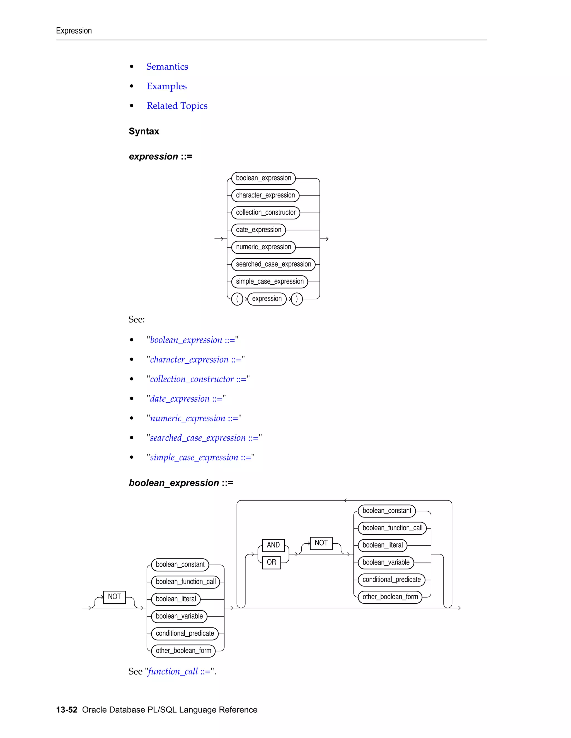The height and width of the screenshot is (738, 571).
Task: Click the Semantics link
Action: click(167, 67)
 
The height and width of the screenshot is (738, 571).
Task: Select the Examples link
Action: click(166, 86)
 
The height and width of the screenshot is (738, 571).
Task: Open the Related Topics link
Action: click(177, 106)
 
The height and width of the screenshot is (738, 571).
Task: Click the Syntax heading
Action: click(144, 131)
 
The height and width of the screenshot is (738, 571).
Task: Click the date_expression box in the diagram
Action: click(258, 230)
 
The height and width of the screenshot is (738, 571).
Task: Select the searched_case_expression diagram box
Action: click(273, 264)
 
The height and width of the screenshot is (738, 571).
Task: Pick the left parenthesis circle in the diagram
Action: click(237, 299)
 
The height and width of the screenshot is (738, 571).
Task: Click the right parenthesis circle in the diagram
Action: click(297, 299)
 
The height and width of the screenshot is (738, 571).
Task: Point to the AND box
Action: click(273, 545)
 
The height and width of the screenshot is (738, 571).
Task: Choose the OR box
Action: click(271, 562)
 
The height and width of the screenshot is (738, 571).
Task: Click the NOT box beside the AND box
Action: click(321, 543)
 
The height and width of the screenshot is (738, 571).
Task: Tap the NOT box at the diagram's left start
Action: click(114, 597)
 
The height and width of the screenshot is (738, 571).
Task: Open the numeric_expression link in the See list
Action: click(194, 418)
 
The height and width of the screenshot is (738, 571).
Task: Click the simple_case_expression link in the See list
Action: click(200, 458)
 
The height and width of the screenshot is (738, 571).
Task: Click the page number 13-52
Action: click(67, 710)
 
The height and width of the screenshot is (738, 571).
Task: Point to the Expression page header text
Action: click(74, 31)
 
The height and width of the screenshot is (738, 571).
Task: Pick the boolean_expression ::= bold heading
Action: click(181, 483)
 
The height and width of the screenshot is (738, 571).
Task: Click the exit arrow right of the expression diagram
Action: click(325, 239)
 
